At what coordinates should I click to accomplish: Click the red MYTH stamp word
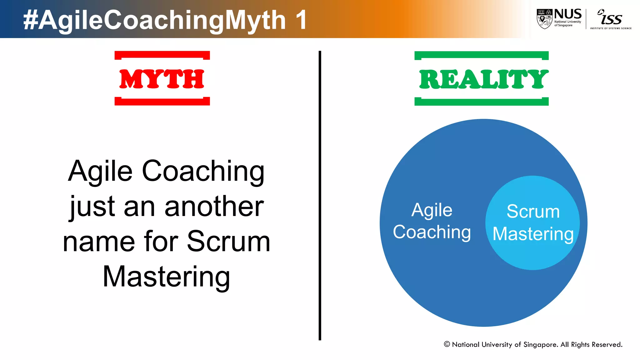162,79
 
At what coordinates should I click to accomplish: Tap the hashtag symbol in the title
31,20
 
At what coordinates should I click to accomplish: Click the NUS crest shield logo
544,19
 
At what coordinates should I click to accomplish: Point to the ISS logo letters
611,18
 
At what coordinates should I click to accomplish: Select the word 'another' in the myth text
214,207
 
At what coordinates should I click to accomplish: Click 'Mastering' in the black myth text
166,277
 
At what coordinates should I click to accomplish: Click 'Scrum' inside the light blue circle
533,212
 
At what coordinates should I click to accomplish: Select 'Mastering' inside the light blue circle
533,234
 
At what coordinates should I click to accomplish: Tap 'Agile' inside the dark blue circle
432,210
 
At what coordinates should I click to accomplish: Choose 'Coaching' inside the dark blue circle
432,232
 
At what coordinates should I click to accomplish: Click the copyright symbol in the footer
447,344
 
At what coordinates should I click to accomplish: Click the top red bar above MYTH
162,55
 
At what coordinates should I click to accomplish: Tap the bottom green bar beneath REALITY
481,102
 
